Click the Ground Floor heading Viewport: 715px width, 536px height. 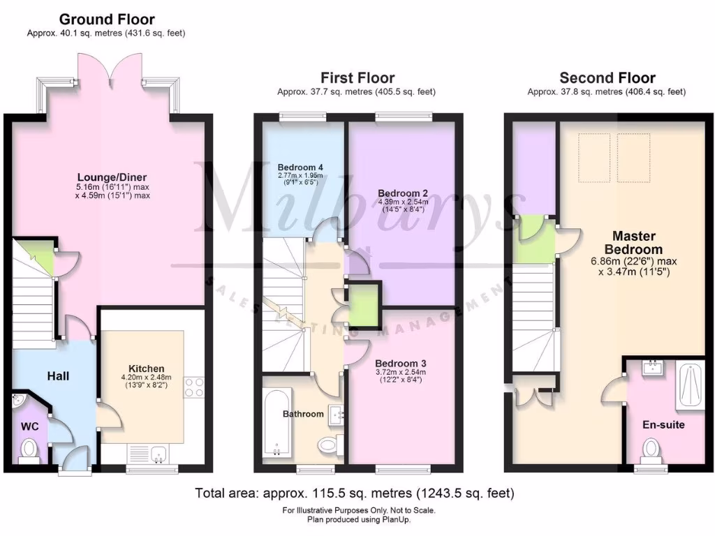(106, 20)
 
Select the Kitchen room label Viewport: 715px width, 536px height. (147, 368)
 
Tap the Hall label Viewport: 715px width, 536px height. (58, 376)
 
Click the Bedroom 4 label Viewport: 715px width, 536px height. (300, 167)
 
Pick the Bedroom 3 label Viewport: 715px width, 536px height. (400, 364)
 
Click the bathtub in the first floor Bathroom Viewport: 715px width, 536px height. (277, 424)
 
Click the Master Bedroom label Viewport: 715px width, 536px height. (633, 243)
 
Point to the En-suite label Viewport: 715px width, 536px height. (663, 424)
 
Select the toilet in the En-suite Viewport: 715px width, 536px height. (649, 449)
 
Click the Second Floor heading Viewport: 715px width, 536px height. (607, 78)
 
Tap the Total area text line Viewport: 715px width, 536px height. (355, 493)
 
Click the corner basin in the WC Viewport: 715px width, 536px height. (18, 401)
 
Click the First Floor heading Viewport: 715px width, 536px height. (357, 78)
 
